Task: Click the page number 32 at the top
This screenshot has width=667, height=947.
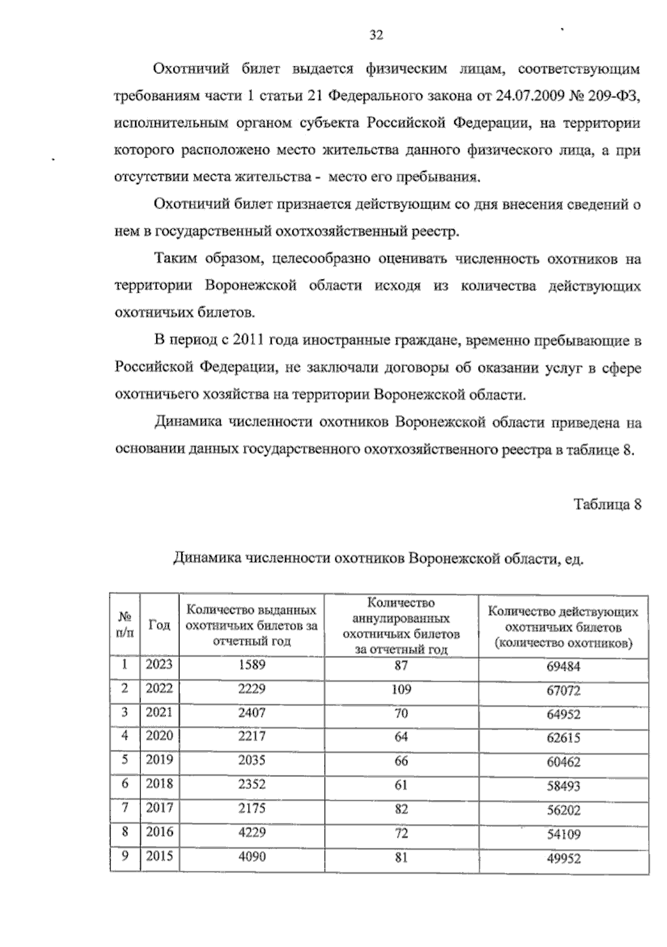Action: click(x=376, y=36)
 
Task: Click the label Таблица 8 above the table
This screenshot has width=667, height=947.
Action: click(x=608, y=505)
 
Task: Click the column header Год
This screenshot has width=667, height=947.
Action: click(x=160, y=625)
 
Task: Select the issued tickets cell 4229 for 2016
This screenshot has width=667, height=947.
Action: click(x=252, y=832)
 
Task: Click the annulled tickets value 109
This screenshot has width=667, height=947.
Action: click(x=401, y=690)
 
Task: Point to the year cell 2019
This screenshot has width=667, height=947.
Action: click(x=160, y=760)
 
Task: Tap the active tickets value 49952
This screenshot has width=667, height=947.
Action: click(x=563, y=859)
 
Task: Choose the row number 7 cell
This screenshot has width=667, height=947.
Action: click(x=125, y=807)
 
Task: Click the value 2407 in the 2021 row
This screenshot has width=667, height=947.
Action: click(x=252, y=713)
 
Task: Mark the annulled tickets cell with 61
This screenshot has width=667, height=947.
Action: click(x=401, y=785)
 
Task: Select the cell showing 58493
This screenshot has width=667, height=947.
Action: click(x=563, y=786)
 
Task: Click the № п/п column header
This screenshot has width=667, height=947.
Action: click(x=125, y=625)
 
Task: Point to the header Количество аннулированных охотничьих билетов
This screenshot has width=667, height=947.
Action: click(x=401, y=625)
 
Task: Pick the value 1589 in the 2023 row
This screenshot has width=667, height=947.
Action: click(x=252, y=665)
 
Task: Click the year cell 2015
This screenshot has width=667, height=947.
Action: click(x=160, y=856)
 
